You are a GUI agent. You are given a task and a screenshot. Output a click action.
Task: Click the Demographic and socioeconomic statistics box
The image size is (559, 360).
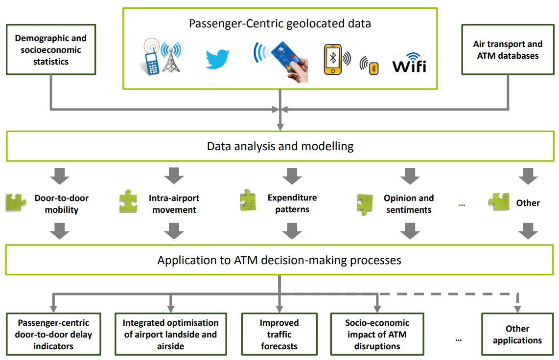click(51, 50)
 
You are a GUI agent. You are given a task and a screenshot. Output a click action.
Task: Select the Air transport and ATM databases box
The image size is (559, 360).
click(508, 50)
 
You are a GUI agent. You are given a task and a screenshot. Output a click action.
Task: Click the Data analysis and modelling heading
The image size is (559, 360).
click(280, 146)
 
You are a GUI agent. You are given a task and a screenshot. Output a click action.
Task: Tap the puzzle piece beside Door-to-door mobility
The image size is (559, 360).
click(16, 203)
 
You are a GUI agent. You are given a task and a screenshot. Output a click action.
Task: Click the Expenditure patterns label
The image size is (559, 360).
click(292, 203)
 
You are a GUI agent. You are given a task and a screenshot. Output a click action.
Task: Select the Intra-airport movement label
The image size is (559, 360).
click(174, 204)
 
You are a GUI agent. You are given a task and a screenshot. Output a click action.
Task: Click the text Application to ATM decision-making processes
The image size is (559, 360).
click(279, 260)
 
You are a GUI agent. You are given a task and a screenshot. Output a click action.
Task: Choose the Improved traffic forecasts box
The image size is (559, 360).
click(279, 335)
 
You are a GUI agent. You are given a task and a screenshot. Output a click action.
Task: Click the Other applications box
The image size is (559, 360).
click(517, 335)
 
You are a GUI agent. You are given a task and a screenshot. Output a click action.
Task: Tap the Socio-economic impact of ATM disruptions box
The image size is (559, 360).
click(377, 335)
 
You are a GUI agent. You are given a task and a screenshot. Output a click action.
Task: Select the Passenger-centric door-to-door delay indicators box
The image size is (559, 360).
click(53, 335)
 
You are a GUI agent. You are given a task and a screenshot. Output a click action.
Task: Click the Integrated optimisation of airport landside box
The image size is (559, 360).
click(170, 335)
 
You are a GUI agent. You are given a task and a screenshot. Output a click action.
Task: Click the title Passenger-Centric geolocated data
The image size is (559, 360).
click(279, 23)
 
